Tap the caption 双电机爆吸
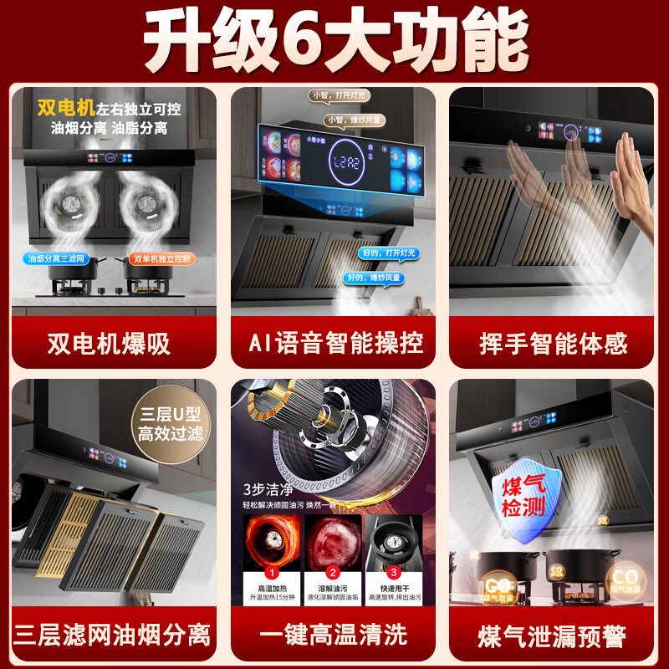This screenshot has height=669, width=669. (114, 343)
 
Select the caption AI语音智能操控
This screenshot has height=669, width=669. (334, 343)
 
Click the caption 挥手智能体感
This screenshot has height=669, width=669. (554, 343)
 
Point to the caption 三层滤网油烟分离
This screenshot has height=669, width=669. (115, 633)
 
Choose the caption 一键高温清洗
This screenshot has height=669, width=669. (334, 633)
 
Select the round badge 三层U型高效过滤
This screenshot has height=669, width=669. (171, 424)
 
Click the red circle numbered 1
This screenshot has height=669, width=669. (271, 573)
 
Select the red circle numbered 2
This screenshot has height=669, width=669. (333, 573)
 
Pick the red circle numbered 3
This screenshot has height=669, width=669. (395, 573)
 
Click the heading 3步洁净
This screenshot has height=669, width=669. (267, 488)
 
